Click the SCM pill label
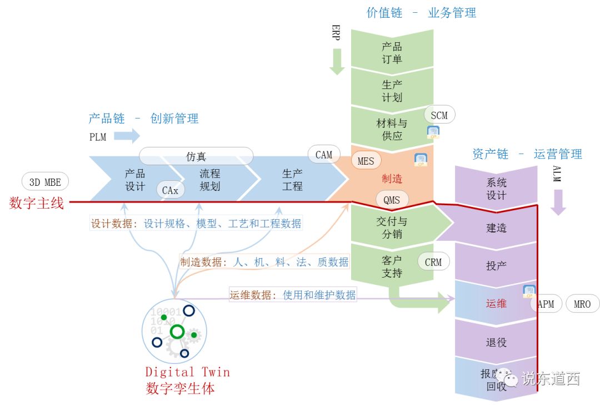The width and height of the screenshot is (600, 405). coord(439,115)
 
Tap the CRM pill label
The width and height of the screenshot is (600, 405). coord(433,261)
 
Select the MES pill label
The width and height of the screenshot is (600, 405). coord(366,161)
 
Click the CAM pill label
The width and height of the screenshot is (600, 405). coord(323,155)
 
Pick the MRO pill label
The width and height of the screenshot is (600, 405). coord(582,304)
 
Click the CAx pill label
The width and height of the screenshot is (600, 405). coord(170,190)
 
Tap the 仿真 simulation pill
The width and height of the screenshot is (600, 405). coord(196,157)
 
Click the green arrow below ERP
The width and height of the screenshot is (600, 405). coord(337,62)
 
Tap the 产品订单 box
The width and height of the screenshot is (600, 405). coord(392,53)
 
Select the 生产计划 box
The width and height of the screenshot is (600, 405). coord(392,91)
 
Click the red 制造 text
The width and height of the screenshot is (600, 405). coord(392,179)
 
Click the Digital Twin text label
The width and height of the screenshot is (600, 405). coord(187,372)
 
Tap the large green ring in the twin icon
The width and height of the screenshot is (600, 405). coord(177,332)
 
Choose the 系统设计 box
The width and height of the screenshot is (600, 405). coord(496,189)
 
